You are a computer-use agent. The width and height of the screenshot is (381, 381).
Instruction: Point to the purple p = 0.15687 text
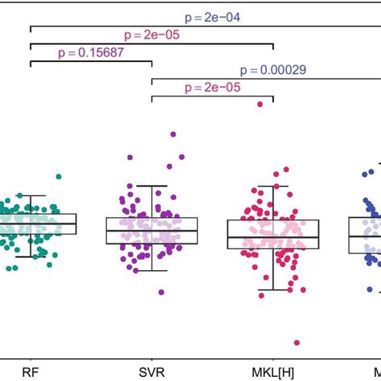click(91, 52)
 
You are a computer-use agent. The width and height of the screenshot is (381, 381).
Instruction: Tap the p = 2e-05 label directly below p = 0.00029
click(212, 88)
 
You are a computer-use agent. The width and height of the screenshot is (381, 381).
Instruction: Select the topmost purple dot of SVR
click(172, 134)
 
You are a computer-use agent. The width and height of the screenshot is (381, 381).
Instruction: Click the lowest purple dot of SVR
click(161, 292)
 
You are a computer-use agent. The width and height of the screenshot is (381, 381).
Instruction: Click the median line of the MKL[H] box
click(273, 237)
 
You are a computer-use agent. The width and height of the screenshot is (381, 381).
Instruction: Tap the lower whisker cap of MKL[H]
click(273, 289)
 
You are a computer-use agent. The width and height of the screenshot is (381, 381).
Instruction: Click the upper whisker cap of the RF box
click(31, 195)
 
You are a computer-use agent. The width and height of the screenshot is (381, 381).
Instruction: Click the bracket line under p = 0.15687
click(91, 63)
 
